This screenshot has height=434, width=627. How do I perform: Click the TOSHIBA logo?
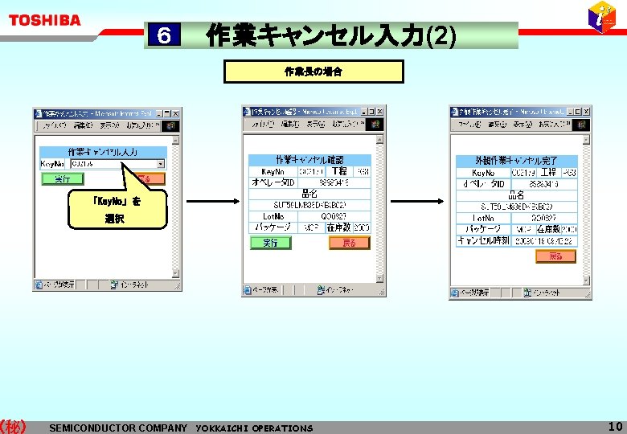45,20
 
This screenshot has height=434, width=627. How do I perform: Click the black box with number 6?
164,35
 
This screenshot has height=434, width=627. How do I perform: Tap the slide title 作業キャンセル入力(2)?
331,35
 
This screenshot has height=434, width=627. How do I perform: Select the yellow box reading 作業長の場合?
313,72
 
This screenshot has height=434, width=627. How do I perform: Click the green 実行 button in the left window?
62,179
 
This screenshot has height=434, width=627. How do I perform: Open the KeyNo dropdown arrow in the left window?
161,164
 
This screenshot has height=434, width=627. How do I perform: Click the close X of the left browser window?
176,114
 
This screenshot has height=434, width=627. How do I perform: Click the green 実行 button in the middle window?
270,243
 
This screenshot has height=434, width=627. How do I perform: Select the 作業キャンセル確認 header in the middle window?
309,159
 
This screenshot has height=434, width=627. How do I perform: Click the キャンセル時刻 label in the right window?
481,240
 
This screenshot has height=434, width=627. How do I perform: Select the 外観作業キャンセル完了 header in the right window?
516,161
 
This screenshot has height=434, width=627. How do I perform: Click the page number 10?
615,426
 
